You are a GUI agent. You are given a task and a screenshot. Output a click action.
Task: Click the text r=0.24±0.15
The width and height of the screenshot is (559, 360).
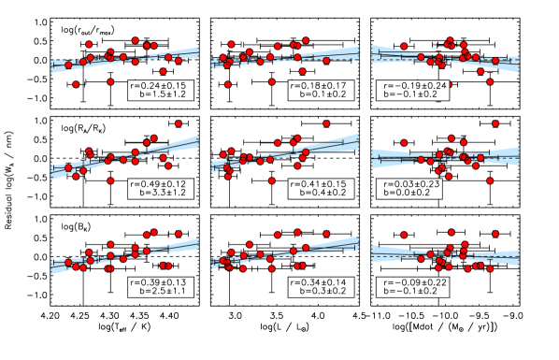[160, 85]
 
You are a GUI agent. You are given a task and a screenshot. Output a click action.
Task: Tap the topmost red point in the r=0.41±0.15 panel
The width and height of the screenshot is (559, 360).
[326, 123]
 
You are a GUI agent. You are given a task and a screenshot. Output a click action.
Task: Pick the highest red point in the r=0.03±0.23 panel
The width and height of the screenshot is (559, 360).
[494, 123]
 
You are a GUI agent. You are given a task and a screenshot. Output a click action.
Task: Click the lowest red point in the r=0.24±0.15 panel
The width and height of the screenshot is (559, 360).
[76, 84]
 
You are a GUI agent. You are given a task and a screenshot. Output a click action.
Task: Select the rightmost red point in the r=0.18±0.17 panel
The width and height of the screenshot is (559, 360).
[326, 61]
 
